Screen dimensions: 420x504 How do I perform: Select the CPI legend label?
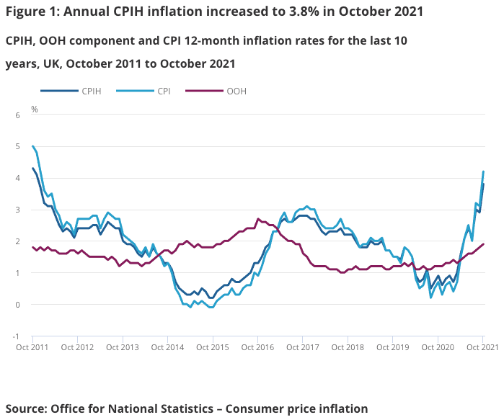click(x=164, y=91)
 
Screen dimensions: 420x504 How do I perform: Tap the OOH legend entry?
click(x=236, y=91)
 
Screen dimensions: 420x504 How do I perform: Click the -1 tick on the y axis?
click(x=15, y=336)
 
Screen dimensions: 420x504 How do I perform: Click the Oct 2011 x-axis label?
click(x=32, y=347)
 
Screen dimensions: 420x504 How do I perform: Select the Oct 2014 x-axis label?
click(x=168, y=347)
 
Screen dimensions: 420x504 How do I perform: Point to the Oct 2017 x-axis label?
click(x=303, y=347)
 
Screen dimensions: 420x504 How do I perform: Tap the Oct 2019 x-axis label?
click(x=393, y=347)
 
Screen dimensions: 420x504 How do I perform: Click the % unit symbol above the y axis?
click(x=34, y=110)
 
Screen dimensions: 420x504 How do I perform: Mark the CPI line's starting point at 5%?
click(x=32, y=146)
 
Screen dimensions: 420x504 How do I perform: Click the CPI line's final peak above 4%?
click(x=483, y=171)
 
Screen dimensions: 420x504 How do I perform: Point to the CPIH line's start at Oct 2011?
click(x=32, y=168)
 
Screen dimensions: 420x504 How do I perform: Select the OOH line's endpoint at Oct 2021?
click(x=483, y=244)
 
